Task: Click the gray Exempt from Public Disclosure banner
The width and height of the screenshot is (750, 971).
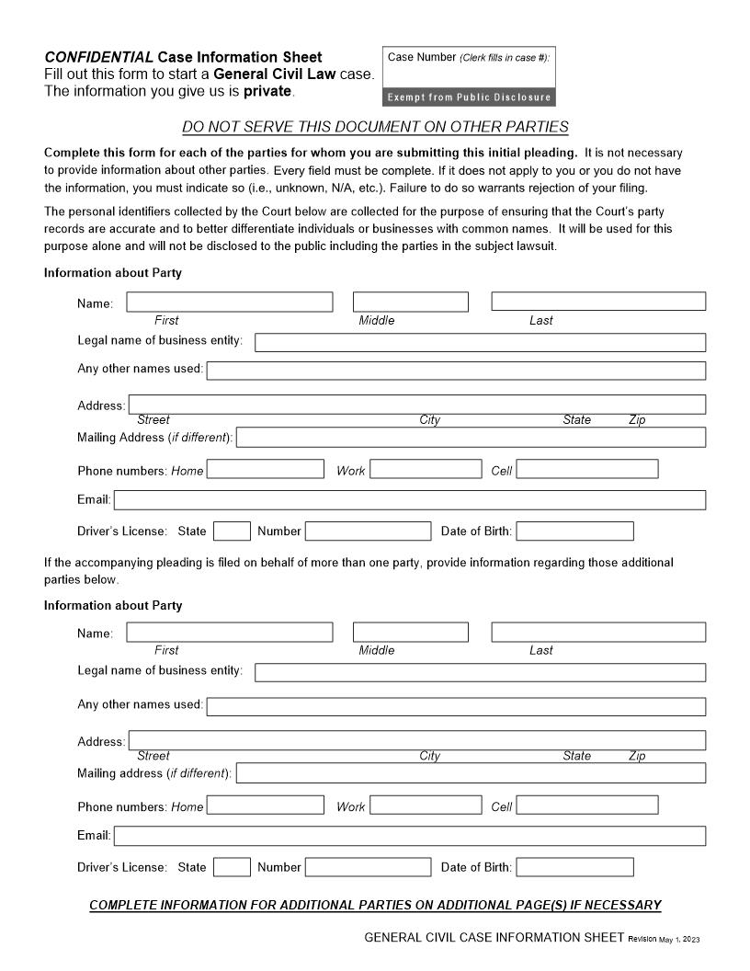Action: [x=469, y=97]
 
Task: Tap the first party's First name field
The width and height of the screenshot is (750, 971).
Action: [x=230, y=302]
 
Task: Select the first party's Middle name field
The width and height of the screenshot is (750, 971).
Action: [x=410, y=302]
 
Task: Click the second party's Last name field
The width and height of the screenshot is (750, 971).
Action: [x=598, y=632]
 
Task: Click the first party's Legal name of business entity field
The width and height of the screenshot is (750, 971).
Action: [x=480, y=342]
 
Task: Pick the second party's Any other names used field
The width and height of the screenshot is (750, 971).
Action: [x=456, y=706]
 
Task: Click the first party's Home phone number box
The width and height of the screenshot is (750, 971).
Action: [x=266, y=470]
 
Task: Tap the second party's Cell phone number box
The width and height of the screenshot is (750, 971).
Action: [x=587, y=805]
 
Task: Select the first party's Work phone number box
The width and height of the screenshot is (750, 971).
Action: [x=426, y=470]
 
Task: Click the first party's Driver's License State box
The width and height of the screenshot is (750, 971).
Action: [x=232, y=531]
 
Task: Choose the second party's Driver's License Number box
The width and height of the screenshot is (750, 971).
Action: [x=368, y=866]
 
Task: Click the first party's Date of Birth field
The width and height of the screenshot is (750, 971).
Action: [x=574, y=531]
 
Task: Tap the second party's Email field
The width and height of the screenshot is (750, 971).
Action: [x=410, y=836]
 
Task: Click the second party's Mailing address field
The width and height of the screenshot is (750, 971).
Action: [x=471, y=772]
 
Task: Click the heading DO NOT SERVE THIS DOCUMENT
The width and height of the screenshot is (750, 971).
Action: [x=375, y=127]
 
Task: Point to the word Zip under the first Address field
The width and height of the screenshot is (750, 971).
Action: [x=637, y=420]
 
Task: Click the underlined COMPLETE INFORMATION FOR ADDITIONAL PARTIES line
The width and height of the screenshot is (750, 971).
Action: [x=375, y=905]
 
